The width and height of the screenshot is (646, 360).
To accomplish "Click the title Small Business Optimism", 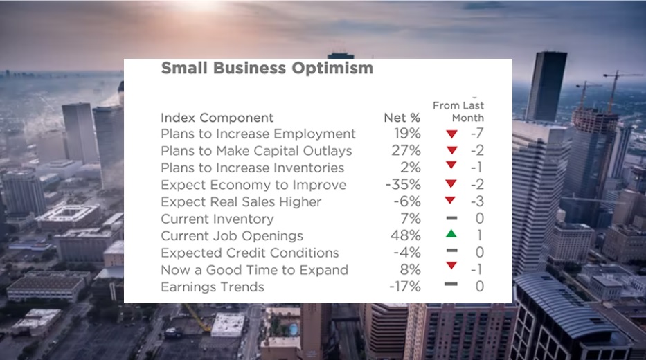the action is pyautogui.click(x=267, y=68).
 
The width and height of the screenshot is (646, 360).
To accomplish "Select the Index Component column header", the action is pyautogui.click(x=217, y=118).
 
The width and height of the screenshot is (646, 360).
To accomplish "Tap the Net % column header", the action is pyautogui.click(x=402, y=118).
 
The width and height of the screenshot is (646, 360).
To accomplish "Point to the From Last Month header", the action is pyautogui.click(x=458, y=111).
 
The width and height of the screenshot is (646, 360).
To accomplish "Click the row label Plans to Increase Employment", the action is pyautogui.click(x=258, y=134).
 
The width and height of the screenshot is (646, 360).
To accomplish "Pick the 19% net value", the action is pyautogui.click(x=407, y=134).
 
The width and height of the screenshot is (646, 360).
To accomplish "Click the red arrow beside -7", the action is pyautogui.click(x=451, y=134).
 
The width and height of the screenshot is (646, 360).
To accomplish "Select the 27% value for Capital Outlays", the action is pyautogui.click(x=406, y=150).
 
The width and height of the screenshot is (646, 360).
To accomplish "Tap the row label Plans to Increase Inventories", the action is pyautogui.click(x=252, y=168).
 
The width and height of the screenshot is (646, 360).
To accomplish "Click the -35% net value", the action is pyautogui.click(x=403, y=184).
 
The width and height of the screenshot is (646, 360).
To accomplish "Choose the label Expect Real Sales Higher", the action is pyautogui.click(x=241, y=202).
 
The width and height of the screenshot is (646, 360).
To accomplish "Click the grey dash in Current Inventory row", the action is pyautogui.click(x=451, y=218).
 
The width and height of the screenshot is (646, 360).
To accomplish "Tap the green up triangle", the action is pyautogui.click(x=451, y=233).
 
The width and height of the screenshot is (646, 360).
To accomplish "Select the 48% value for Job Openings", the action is pyautogui.click(x=406, y=235).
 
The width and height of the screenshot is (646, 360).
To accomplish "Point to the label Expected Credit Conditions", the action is pyautogui.click(x=250, y=253).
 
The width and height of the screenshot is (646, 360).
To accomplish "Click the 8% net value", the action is pyautogui.click(x=411, y=269).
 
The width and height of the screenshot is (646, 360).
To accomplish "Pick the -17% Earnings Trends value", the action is pyautogui.click(x=404, y=287).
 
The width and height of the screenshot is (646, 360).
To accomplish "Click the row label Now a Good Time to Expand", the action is pyautogui.click(x=255, y=270).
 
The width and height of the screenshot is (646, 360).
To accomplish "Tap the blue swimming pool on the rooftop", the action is pyautogui.click(x=293, y=329).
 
